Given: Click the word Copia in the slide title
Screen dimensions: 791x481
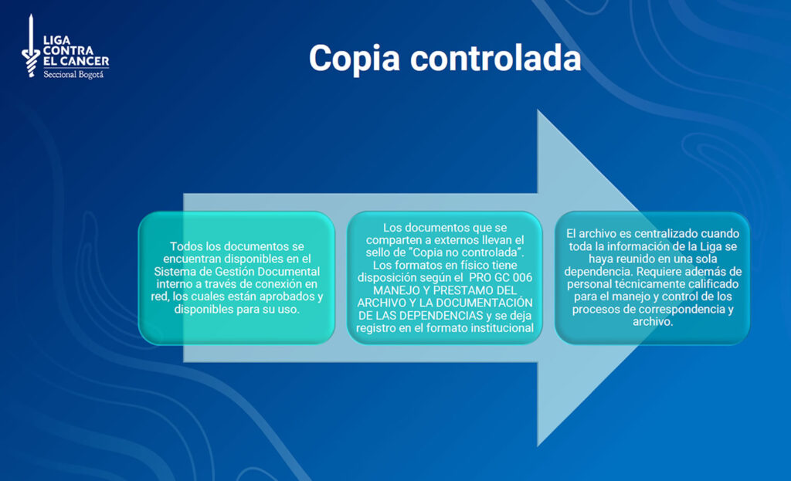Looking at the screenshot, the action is pos(355,59).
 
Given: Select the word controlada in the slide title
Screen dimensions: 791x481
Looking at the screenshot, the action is pos(496,58).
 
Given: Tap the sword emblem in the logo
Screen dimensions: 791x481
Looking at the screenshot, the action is pos(31,46).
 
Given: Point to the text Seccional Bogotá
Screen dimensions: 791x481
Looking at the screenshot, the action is pos(73,75).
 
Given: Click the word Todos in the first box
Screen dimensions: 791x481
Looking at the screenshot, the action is pos(185,246).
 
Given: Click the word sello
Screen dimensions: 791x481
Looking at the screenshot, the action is pos(378,252).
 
